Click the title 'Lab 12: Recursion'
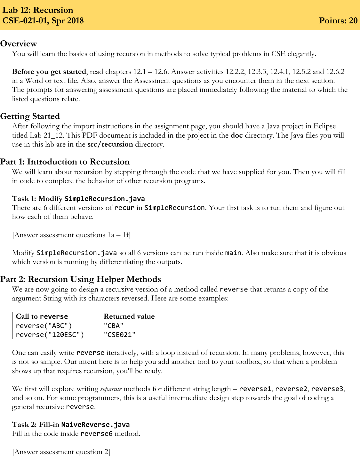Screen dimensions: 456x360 (x=38, y=10)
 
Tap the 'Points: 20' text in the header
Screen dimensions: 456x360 (x=338, y=20)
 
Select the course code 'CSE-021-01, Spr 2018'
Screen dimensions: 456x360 (x=43, y=20)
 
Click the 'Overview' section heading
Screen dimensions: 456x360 (x=19, y=44)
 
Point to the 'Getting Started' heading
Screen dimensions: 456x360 (x=30, y=116)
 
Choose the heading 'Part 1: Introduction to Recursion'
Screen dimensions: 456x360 (x=65, y=162)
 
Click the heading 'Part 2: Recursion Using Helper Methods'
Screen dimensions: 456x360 (x=81, y=279)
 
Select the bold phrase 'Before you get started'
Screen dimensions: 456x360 (x=49, y=72)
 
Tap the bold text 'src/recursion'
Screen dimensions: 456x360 (x=110, y=144)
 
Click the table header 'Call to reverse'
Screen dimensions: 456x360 (x=42, y=316)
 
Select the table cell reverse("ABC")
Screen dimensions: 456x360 (x=44, y=326)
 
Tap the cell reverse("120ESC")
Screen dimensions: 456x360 (x=50, y=335)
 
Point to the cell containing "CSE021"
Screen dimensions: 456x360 (x=120, y=335)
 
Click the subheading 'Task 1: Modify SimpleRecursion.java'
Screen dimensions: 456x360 (x=78, y=199)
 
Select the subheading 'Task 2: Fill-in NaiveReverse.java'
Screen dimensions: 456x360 (x=71, y=425)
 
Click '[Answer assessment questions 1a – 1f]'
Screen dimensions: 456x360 (x=71, y=235)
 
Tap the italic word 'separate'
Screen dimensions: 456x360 (x=111, y=389)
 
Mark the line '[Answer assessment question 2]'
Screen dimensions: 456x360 (x=61, y=452)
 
